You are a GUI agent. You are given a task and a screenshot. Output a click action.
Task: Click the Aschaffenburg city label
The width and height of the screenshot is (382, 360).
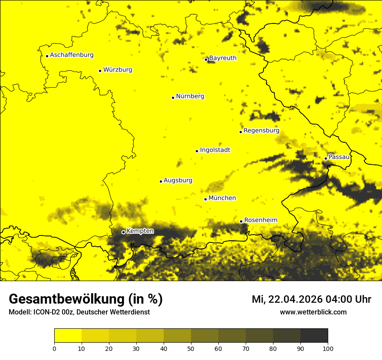[x=72, y=55]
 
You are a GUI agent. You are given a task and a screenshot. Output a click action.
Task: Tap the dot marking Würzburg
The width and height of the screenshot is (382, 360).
[x=100, y=71]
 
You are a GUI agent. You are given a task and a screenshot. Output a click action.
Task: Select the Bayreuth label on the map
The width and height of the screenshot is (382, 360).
[x=223, y=58]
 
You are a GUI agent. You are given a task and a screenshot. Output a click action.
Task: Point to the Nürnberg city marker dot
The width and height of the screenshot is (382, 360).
[x=173, y=98]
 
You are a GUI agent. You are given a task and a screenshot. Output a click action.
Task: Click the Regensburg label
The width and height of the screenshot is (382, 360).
[x=261, y=131]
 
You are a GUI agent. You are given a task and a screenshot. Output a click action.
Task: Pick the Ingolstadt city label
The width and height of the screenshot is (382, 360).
[x=215, y=150]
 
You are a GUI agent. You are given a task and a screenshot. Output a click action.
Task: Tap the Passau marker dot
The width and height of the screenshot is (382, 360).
[x=326, y=158]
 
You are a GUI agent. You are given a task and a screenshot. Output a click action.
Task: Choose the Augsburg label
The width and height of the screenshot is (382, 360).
[x=178, y=180]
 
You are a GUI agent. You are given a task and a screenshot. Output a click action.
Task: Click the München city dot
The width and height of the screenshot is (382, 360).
[x=205, y=199]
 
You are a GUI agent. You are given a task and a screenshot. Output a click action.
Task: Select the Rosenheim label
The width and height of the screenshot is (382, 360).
[x=260, y=220]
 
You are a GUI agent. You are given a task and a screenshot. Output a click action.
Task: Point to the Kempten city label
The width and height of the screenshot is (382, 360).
[x=140, y=231]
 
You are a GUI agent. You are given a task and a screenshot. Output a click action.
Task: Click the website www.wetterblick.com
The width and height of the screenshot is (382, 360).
[x=313, y=312]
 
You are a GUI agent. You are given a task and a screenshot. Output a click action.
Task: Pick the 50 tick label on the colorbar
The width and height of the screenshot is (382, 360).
[x=191, y=348]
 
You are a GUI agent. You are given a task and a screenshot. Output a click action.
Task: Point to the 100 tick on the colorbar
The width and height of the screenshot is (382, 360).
[x=328, y=348]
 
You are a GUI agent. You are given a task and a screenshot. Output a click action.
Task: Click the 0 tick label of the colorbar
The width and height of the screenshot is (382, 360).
[x=54, y=348]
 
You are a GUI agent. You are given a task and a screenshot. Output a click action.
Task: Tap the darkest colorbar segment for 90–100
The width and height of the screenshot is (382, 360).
[x=314, y=335]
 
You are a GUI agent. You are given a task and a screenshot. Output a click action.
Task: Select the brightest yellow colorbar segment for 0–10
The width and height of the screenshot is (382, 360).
[x=68, y=335]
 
